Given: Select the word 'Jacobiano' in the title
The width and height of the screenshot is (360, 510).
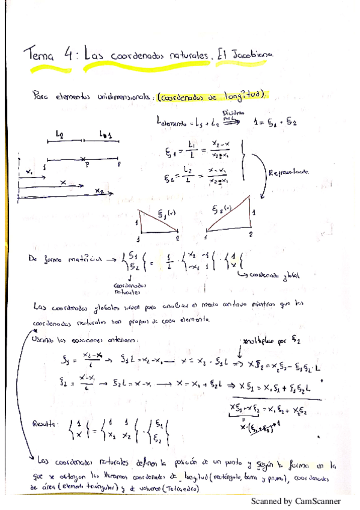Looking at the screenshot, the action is (255, 54).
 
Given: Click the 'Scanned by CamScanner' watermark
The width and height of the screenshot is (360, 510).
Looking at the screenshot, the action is (295, 500).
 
